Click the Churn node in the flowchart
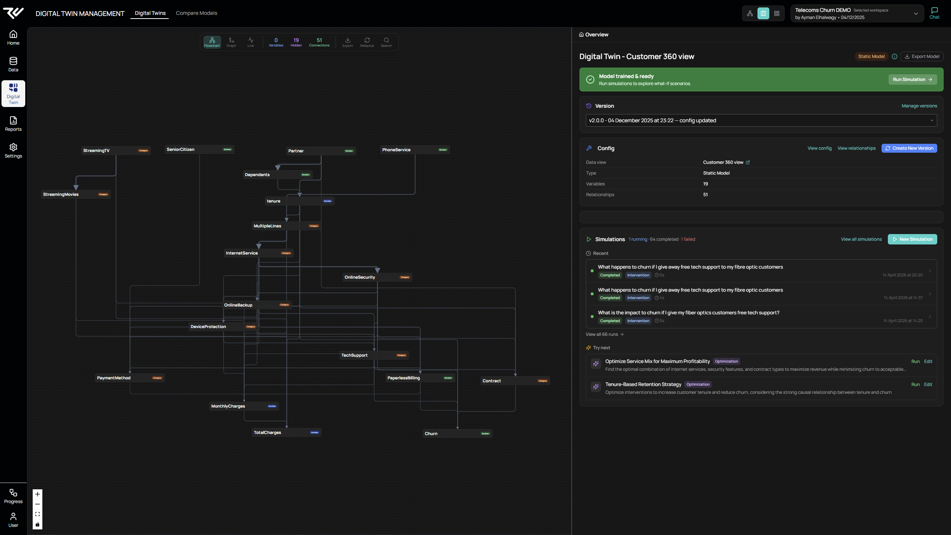pyautogui.click(x=457, y=434)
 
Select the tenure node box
pyautogui.click(x=299, y=201)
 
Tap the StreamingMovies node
pyautogui.click(x=76, y=194)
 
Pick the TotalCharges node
pyautogui.click(x=286, y=432)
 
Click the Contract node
pyautogui.click(x=515, y=381)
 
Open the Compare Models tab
pyautogui.click(x=196, y=13)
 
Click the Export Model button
pyautogui.click(x=922, y=56)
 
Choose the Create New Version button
pyautogui.click(x=909, y=148)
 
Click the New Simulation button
pyautogui.click(x=912, y=239)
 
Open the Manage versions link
pyautogui.click(x=919, y=106)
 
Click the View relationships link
pyautogui.click(x=856, y=148)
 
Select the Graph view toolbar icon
pyautogui.click(x=231, y=42)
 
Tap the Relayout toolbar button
pyautogui.click(x=367, y=42)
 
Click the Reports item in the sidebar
pyautogui.click(x=13, y=124)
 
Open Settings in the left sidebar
pyautogui.click(x=13, y=150)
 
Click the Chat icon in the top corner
pyautogui.click(x=934, y=13)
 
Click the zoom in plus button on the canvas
pyautogui.click(x=38, y=494)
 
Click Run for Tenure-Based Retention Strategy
pyautogui.click(x=915, y=385)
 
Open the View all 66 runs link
pyautogui.click(x=604, y=334)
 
